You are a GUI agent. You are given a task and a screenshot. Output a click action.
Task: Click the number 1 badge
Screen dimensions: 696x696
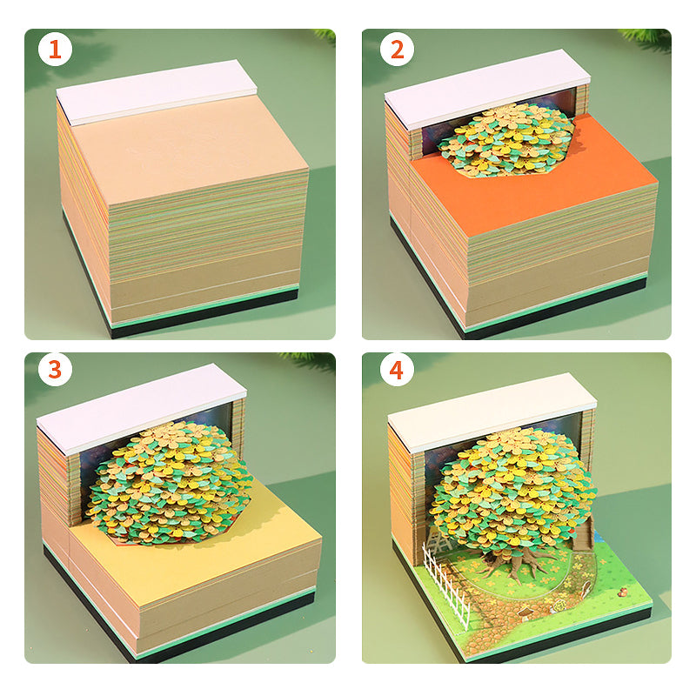click(x=55, y=50)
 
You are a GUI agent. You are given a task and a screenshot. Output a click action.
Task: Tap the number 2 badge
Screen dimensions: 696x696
click(x=397, y=50)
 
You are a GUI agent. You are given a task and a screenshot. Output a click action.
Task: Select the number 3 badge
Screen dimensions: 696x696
click(x=55, y=369)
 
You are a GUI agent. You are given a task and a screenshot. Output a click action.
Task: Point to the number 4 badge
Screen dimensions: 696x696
click(x=397, y=369)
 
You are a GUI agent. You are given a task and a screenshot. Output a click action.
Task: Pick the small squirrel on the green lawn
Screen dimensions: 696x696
click(x=623, y=592)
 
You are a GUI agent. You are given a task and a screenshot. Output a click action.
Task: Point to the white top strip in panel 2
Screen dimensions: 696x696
click(x=487, y=88)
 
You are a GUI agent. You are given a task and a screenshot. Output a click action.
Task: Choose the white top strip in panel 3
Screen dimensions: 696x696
click(x=141, y=407)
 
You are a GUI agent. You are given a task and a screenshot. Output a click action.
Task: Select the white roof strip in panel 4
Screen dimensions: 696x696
click(x=492, y=411)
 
